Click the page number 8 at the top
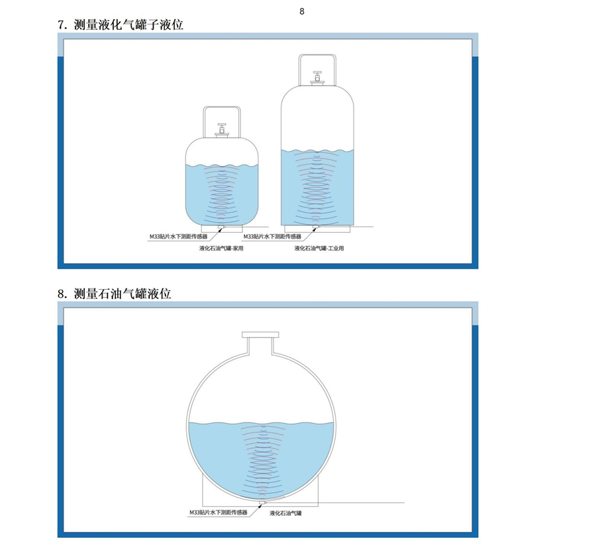pos(301,11)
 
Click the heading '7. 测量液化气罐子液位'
pos(120,24)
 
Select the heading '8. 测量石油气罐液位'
pos(114,294)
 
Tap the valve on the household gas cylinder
pos(221,130)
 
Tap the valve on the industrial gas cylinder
pos(317,77)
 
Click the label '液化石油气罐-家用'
pos(221,249)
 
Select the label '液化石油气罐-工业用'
pos(319,249)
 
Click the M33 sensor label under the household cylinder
pos(178,237)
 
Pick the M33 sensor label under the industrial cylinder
pos(272,237)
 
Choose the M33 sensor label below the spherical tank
pos(219,513)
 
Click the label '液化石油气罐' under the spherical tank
pos(285,513)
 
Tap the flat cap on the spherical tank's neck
pos(260,335)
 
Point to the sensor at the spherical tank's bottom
pos(262,503)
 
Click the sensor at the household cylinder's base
pos(221,228)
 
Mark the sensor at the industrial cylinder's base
pos(315,228)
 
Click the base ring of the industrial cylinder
pos(317,229)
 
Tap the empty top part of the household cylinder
pos(221,152)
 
